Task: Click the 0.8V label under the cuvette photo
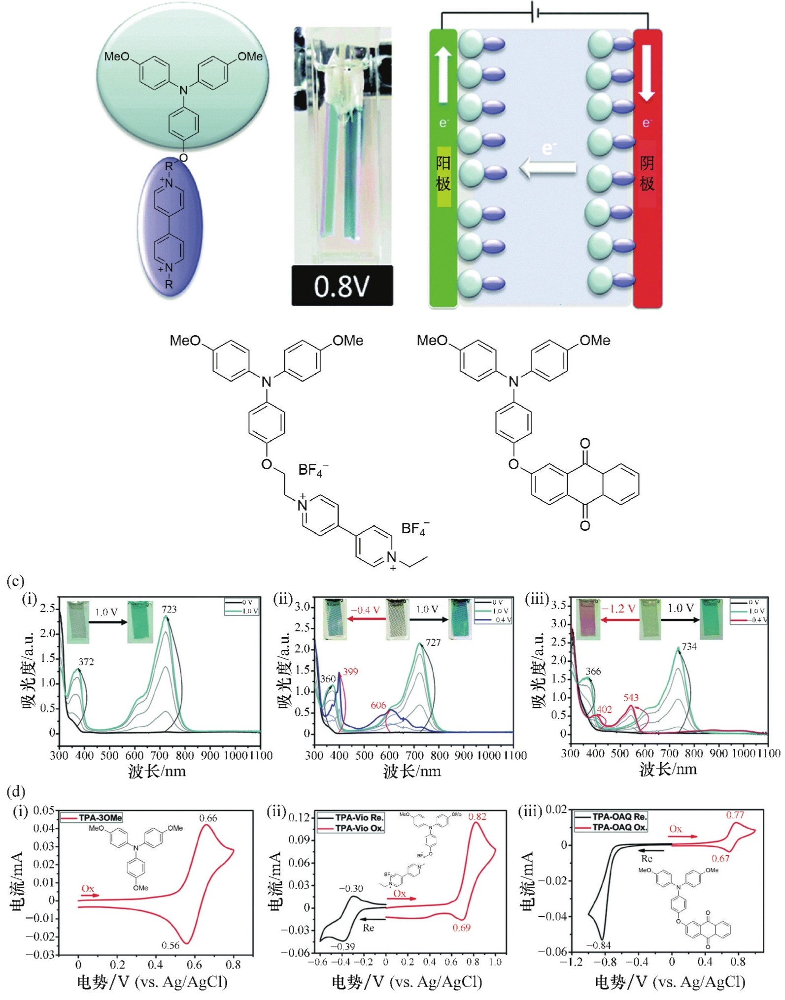pyautogui.click(x=341, y=286)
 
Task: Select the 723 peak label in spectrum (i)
pyautogui.click(x=169, y=609)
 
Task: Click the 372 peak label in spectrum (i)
pyautogui.click(x=86, y=662)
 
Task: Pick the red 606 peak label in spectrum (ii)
pyautogui.click(x=378, y=705)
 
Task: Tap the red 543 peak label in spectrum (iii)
pyautogui.click(x=631, y=697)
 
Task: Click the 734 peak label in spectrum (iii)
pyautogui.click(x=689, y=646)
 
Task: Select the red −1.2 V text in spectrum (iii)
pyautogui.click(x=618, y=609)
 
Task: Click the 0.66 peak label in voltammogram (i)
pyautogui.click(x=208, y=818)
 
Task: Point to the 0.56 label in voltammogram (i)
pyautogui.click(x=171, y=945)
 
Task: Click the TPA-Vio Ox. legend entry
pyautogui.click(x=359, y=828)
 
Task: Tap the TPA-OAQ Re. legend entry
pyautogui.click(x=619, y=816)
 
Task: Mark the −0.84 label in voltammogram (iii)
pyautogui.click(x=598, y=945)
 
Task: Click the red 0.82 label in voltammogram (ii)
pyautogui.click(x=477, y=816)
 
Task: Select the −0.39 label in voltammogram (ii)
pyautogui.click(x=342, y=946)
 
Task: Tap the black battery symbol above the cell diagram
pyautogui.click(x=535, y=12)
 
